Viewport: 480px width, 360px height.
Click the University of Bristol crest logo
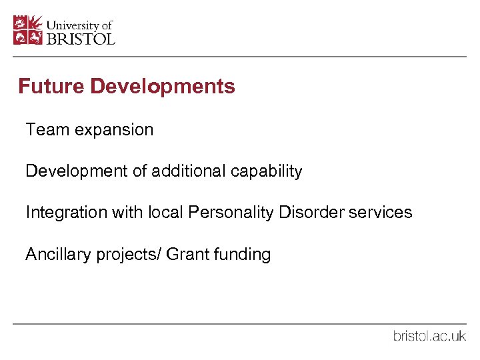click(x=28, y=30)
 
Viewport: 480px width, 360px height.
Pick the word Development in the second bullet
click(x=77, y=171)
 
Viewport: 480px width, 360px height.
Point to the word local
click(x=165, y=213)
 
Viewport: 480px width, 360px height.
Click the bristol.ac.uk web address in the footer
click(x=429, y=336)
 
